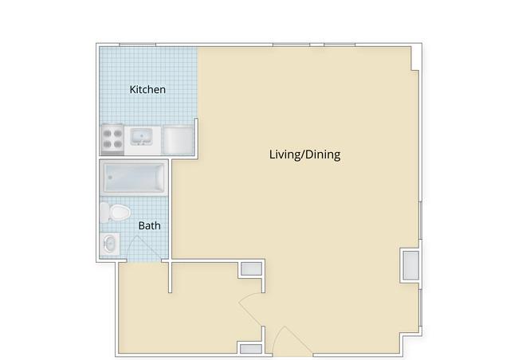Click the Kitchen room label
[147, 89]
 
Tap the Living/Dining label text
[304, 155]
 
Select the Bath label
[149, 225]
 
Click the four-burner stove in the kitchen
[112, 139]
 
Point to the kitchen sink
[141, 137]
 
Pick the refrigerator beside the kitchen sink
[178, 140]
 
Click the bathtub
[134, 178]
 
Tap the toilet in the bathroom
[115, 212]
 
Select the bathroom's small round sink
[110, 244]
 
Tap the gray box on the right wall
[410, 265]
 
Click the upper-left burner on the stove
[107, 133]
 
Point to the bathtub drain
[110, 178]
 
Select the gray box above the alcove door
[251, 269]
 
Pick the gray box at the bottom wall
[251, 349]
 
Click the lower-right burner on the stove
[118, 144]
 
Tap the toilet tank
[104, 212]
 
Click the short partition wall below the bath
[170, 277]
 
